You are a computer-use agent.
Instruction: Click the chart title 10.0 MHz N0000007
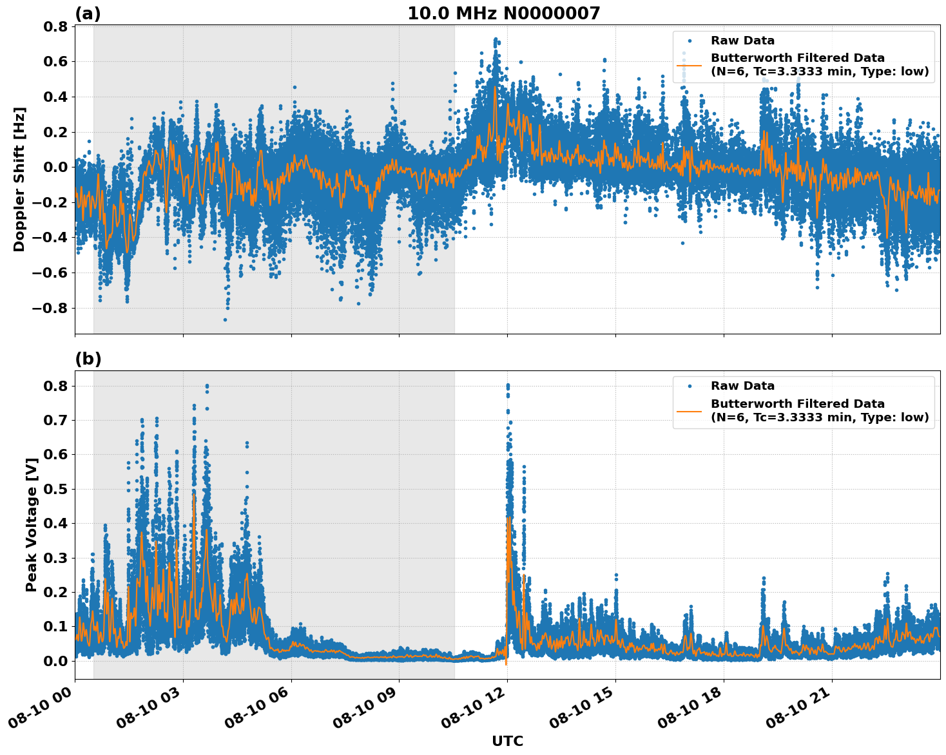tap(503, 14)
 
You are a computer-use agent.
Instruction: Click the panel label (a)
tap(88, 14)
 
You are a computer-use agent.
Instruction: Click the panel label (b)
tap(88, 359)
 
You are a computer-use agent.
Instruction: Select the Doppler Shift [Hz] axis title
tap(19, 179)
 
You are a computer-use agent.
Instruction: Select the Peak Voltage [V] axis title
tap(31, 524)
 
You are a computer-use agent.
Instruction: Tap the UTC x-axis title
tap(507, 741)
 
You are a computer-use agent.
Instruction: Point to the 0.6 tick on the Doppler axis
tap(58, 62)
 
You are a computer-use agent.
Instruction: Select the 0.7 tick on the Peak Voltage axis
tap(58, 420)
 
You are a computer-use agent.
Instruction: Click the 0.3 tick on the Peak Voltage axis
tap(58, 558)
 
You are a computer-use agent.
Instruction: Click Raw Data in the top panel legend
tap(742, 41)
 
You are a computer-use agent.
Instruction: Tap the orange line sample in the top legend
tap(689, 65)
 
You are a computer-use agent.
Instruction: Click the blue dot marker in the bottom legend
tap(690, 386)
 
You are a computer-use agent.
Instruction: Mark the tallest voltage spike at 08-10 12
tap(508, 385)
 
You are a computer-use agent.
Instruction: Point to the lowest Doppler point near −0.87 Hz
tap(225, 320)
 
